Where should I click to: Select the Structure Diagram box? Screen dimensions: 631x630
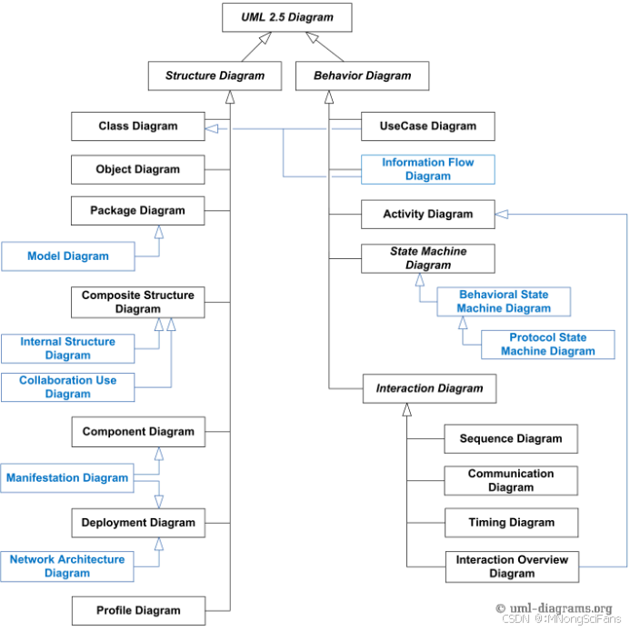click(x=215, y=75)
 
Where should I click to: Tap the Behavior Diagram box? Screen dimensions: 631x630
click(x=362, y=75)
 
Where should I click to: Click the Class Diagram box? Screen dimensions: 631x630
click(x=138, y=126)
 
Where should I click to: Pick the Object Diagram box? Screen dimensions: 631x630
click(x=138, y=169)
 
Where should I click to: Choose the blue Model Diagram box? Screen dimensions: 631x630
click(x=68, y=256)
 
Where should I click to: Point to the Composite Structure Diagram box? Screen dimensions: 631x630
click(x=138, y=302)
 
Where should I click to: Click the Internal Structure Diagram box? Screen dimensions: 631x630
click(x=68, y=348)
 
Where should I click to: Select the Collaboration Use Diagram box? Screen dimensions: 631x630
click(x=68, y=386)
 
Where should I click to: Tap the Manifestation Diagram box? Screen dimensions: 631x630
click(x=68, y=477)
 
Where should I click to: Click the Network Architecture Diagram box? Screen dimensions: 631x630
click(x=68, y=566)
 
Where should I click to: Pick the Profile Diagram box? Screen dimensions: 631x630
click(x=138, y=610)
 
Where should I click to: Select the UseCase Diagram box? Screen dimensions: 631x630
click(x=428, y=126)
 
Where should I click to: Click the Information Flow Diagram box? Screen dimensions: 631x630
click(x=428, y=169)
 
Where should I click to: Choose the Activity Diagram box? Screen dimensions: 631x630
click(x=428, y=215)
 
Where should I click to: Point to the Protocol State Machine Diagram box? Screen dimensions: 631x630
click(x=548, y=345)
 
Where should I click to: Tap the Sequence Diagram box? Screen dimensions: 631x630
click(x=511, y=438)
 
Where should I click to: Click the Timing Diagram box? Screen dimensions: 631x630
click(x=511, y=523)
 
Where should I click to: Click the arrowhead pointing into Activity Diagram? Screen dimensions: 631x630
click(x=502, y=215)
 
